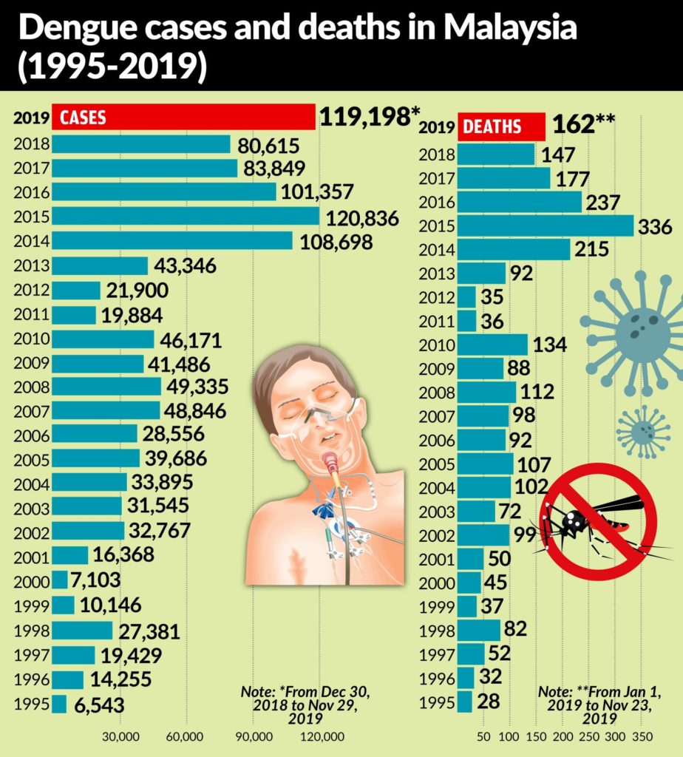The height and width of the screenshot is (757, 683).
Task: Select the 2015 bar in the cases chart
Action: pos(186,216)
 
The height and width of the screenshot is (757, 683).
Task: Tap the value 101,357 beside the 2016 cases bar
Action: pos(317,192)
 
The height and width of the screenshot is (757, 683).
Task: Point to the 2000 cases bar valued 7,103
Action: pos(60,580)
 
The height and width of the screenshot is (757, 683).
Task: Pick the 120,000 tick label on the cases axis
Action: pos(323,736)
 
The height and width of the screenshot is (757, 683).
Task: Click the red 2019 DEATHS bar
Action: pos(502,126)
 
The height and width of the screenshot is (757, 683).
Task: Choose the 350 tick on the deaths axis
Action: pos(642,736)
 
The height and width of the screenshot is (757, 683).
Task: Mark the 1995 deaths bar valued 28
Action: pos(465,701)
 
